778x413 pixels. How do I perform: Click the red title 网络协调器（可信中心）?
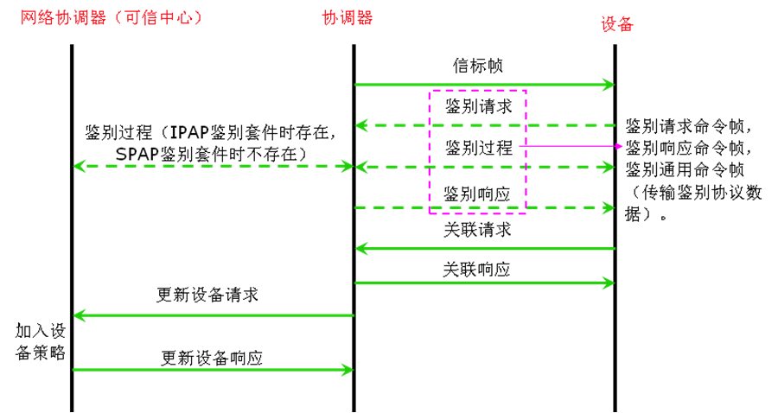(112, 17)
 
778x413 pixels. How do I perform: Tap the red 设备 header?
(617, 23)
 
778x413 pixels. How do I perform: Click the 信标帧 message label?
(478, 66)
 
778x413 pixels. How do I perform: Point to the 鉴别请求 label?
(478, 107)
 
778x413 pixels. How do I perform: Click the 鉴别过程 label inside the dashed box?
(478, 148)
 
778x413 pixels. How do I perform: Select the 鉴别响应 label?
(478, 191)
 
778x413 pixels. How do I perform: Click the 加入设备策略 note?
(40, 341)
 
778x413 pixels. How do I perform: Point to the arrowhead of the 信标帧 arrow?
(609, 85)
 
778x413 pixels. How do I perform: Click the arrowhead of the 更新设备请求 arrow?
(79, 315)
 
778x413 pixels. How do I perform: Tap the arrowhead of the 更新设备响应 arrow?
(348, 370)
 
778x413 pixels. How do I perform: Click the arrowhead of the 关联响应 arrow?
(609, 282)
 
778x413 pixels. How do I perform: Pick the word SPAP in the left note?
(136, 154)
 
